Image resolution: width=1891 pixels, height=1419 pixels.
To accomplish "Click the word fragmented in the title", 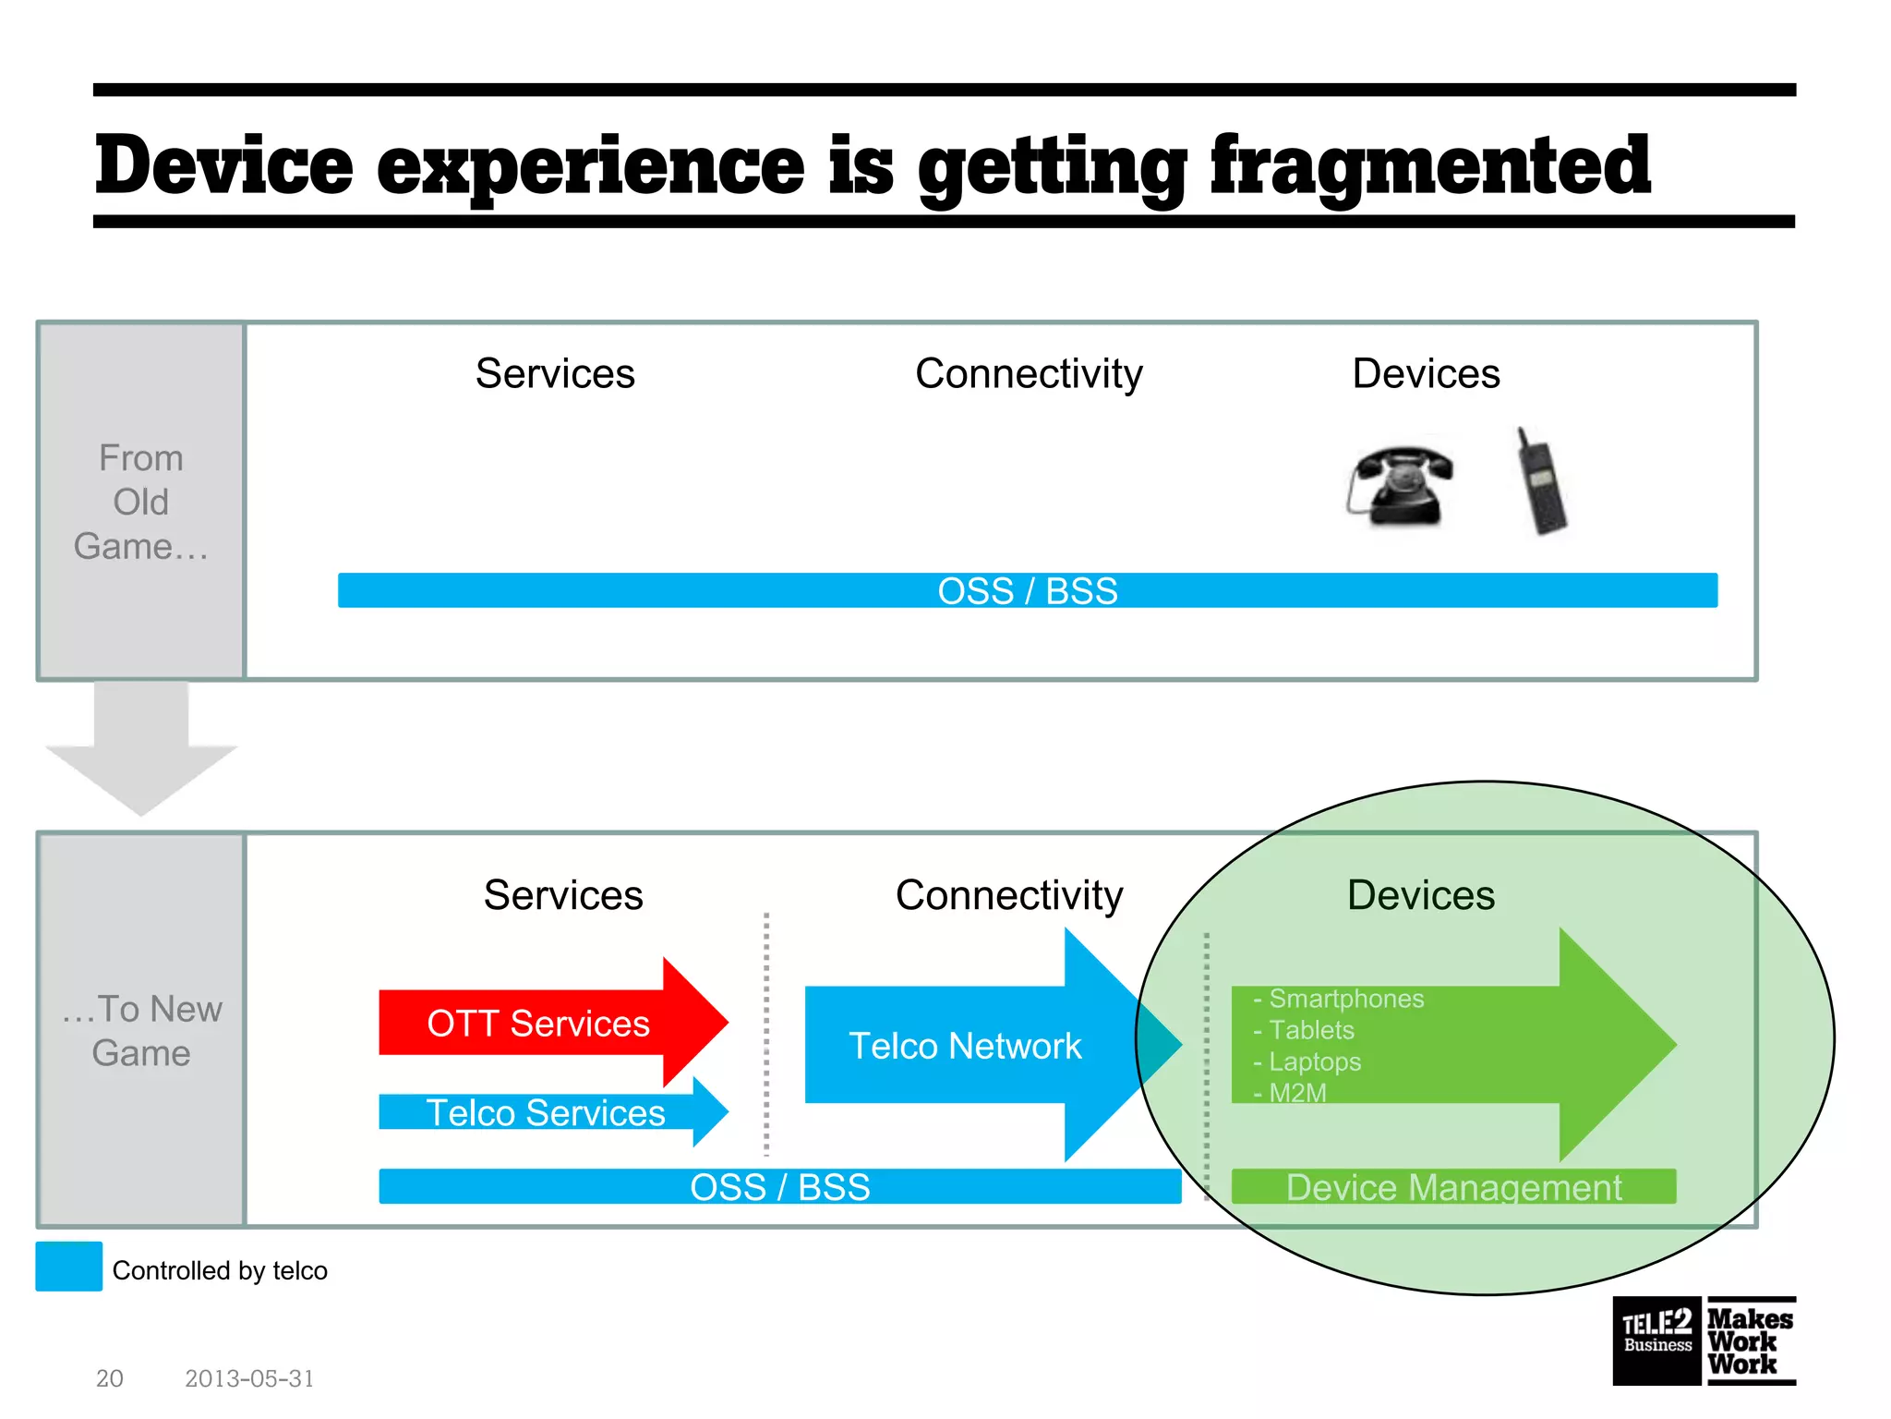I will tap(1429, 166).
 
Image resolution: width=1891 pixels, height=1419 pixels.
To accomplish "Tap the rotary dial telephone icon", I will tap(1399, 486).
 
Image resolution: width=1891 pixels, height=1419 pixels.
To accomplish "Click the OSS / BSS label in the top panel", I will tap(1027, 591).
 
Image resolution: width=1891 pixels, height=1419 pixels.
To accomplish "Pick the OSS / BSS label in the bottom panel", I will tap(780, 1187).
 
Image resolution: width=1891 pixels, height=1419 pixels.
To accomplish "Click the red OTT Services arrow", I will tap(539, 1024).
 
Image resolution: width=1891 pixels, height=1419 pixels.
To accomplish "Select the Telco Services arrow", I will tap(545, 1112).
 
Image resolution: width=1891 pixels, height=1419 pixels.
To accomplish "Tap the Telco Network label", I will tap(965, 1046).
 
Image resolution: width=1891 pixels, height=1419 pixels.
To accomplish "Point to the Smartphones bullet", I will tap(1345, 999).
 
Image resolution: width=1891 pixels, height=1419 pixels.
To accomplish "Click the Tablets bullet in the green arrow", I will tap(1310, 1030).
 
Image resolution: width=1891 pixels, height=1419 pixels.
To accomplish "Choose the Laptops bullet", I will tap(1314, 1061).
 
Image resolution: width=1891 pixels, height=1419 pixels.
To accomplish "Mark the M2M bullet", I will tap(1296, 1093).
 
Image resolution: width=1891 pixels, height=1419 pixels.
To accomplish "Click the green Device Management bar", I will tap(1453, 1187).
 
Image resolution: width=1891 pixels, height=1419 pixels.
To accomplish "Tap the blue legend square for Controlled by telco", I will tap(69, 1267).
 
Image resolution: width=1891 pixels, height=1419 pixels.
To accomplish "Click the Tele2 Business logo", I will tap(1656, 1340).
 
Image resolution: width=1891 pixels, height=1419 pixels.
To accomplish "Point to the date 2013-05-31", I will tap(249, 1378).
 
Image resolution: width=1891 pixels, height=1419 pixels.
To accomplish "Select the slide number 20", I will tap(109, 1378).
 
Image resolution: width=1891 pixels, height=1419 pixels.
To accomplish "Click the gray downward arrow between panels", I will tap(141, 748).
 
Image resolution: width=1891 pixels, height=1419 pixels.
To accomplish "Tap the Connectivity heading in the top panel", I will tap(1029, 374).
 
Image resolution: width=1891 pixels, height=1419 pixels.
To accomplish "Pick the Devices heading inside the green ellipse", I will tap(1420, 895).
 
